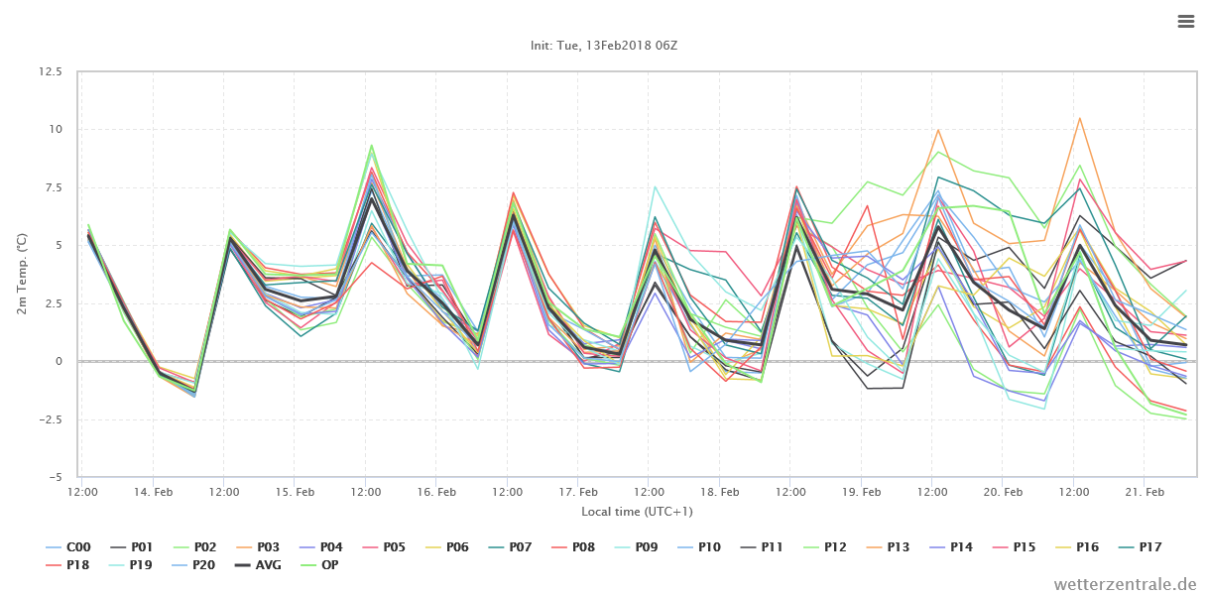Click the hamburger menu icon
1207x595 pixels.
click(1186, 21)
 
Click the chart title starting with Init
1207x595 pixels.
click(603, 46)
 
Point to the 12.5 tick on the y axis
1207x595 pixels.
click(51, 71)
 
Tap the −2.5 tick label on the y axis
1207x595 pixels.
click(51, 419)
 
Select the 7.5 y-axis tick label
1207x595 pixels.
click(54, 187)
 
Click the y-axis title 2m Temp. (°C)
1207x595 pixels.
click(21, 274)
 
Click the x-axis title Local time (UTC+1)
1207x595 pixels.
click(637, 512)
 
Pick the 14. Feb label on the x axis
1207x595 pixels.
click(153, 492)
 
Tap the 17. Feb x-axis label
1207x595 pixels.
click(578, 492)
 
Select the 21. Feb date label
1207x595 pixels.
click(1145, 492)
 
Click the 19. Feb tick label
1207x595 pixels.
click(861, 492)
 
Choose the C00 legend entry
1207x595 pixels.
click(68, 547)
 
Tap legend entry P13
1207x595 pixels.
click(887, 547)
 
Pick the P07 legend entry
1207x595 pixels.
click(509, 547)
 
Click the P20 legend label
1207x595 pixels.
click(193, 565)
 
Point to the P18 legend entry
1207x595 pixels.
click(68, 565)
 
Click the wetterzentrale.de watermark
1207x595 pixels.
click(1125, 584)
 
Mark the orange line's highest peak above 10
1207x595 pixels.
click(1079, 118)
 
